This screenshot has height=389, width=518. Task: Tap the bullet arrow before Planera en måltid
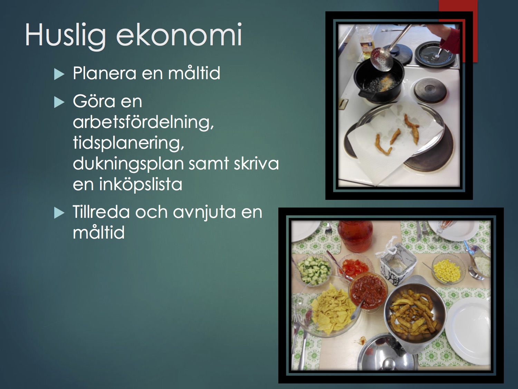59,74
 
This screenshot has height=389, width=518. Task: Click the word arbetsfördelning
143,122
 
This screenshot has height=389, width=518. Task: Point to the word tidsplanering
128,143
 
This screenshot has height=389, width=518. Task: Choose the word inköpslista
141,184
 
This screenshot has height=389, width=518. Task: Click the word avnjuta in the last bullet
204,212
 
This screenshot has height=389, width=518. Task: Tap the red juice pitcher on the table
355,237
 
